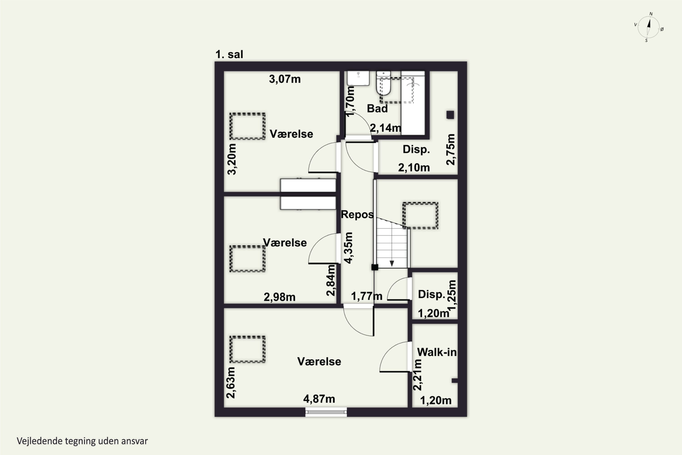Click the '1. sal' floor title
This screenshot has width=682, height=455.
click(x=229, y=54)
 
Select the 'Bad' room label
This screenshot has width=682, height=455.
click(x=377, y=109)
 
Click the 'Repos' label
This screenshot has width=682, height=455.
click(x=357, y=215)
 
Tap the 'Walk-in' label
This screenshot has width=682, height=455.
click(x=437, y=352)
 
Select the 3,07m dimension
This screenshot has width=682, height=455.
click(x=285, y=79)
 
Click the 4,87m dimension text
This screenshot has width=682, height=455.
click(x=319, y=399)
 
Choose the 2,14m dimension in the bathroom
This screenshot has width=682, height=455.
click(x=386, y=128)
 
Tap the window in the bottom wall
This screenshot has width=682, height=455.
click(x=326, y=412)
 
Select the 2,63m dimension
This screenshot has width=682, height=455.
click(x=231, y=383)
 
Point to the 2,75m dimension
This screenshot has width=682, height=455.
click(x=450, y=149)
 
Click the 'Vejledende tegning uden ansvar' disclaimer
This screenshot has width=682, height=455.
click(x=82, y=441)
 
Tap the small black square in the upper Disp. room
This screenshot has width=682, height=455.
click(x=450, y=115)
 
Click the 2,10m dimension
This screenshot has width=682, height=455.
click(x=414, y=167)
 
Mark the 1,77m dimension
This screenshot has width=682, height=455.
click(x=366, y=296)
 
